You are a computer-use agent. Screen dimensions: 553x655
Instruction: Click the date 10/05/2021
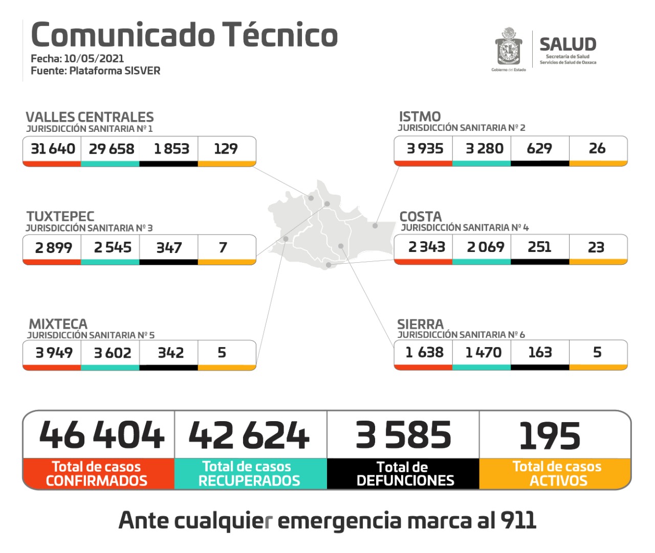(94, 59)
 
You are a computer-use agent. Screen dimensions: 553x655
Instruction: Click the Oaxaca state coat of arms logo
(509, 47)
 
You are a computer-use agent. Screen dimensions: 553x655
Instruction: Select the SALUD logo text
(567, 44)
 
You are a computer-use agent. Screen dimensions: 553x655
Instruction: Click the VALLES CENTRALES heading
(90, 117)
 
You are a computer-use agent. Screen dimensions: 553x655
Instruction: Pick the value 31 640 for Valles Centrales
(53, 149)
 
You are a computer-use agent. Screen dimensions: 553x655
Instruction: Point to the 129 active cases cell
(226, 149)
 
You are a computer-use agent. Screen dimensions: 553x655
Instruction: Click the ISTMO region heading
(420, 117)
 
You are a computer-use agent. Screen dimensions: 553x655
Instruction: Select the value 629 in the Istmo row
(539, 148)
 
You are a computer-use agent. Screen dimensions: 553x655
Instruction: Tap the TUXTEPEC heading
(60, 216)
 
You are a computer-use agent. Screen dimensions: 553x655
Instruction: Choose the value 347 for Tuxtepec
(169, 248)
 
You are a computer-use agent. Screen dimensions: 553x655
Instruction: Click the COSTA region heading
(420, 216)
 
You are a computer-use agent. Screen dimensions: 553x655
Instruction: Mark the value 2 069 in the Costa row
(485, 247)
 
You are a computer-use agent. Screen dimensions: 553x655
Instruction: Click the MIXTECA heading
(58, 324)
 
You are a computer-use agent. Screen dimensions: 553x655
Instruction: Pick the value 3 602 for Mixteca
(113, 353)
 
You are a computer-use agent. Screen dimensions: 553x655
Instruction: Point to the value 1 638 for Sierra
(424, 352)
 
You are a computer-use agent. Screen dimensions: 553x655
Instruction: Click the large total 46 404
(101, 435)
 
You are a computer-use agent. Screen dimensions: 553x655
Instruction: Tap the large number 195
(550, 436)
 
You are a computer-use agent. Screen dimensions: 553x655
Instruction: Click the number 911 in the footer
(518, 520)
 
